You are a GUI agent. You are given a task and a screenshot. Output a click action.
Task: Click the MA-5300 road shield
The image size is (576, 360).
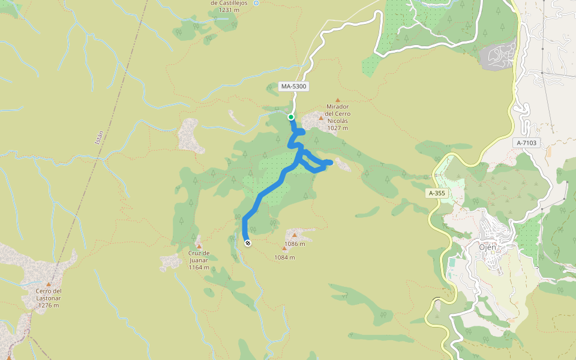click(294, 86)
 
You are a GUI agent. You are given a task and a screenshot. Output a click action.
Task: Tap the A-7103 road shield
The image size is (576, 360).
click(528, 143)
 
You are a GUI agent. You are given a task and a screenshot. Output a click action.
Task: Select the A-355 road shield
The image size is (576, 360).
click(437, 193)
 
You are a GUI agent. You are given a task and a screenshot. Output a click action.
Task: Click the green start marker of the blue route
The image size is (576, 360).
click(291, 117)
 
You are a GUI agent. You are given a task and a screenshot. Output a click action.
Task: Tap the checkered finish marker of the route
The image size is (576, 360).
click(247, 242)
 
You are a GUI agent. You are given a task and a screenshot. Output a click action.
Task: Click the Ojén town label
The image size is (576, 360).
click(490, 247)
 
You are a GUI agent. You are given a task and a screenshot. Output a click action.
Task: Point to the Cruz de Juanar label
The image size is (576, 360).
click(199, 257)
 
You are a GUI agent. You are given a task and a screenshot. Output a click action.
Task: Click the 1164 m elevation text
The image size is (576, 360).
click(199, 267)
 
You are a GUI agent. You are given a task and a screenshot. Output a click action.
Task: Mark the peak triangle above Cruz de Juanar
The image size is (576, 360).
click(199, 246)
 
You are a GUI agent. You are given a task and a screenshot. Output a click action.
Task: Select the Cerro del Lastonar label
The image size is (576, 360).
click(48, 295)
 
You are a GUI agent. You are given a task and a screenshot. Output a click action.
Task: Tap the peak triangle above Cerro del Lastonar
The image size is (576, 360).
click(48, 284)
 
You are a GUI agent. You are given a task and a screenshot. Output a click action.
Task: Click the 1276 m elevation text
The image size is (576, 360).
click(48, 305)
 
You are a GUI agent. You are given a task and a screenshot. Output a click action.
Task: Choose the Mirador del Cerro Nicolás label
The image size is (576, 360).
click(338, 114)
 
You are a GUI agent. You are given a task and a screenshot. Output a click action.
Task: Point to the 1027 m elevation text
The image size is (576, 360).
click(338, 128)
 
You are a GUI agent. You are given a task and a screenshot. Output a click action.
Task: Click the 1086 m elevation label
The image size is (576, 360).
click(295, 244)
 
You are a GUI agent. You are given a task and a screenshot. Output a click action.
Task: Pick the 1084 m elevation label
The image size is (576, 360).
click(284, 257)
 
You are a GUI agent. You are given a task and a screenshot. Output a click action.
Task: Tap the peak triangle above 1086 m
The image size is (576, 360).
click(295, 235)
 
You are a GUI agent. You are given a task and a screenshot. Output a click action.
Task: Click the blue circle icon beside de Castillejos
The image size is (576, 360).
click(256, 3)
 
